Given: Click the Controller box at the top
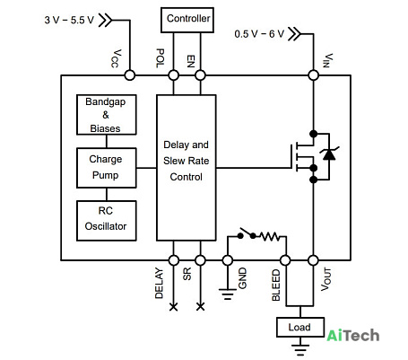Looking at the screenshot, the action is [187, 20].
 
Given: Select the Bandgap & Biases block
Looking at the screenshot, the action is [107, 115].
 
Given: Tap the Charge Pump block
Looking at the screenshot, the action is [107, 168].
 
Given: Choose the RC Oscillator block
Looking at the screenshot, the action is [107, 221].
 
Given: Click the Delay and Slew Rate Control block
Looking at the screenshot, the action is [187, 168].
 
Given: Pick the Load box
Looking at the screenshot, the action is [300, 327].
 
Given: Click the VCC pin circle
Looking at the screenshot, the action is [130, 75].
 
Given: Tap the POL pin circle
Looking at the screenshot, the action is [174, 75].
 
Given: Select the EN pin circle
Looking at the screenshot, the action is [200, 75].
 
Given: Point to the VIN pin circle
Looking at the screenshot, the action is [314, 75].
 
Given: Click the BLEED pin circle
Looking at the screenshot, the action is [285, 260].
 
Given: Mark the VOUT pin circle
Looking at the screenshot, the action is [314, 260].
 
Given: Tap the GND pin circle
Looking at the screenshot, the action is [228, 260].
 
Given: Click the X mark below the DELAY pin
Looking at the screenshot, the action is [174, 307].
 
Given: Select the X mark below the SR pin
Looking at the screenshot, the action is [200, 307].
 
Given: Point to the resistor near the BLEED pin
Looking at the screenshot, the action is [270, 236].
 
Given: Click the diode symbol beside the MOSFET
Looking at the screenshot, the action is [329, 154].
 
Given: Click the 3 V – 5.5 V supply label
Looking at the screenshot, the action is [69, 20].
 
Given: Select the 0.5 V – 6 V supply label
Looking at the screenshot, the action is [259, 34].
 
